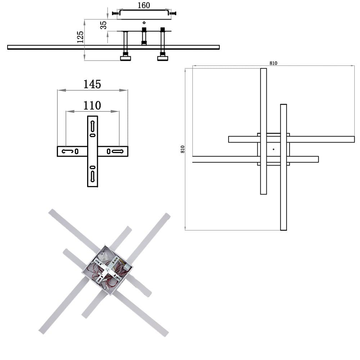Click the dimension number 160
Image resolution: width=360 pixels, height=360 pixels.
pos(144,5)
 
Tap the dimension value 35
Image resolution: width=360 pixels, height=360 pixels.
pos(104,25)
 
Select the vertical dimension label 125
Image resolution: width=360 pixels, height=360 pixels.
pos(80,37)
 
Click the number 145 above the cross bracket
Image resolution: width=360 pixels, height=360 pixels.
pos(92,84)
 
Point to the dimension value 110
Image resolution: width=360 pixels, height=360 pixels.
pos(92,105)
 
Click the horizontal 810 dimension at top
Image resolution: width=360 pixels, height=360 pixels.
pos(273,63)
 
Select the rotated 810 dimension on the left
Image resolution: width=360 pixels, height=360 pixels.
pos(183,149)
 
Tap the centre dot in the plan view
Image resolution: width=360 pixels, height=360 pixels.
pos(274,149)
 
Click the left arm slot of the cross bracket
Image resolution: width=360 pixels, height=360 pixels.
pos(68,151)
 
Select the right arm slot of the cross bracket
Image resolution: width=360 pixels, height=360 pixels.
pos(118,151)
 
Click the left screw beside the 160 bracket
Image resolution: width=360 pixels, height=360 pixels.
pos(116,13)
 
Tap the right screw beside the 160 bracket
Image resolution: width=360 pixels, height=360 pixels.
pos(173,13)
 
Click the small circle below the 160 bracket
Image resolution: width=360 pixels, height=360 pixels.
pos(144,22)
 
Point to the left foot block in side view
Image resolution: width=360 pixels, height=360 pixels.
pos(126,58)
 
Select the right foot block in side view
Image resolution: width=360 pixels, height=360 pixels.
pos(163,58)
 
